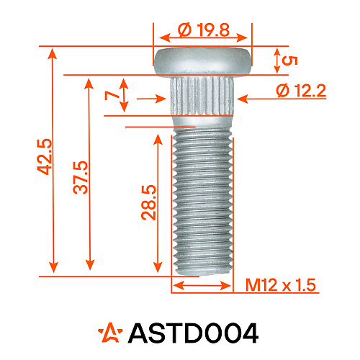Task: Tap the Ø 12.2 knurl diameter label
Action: coord(302,91)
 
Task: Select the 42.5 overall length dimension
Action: coord(44,157)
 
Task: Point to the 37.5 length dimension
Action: coord(80,177)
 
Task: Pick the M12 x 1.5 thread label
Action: coord(282,286)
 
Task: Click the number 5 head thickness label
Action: coord(290,60)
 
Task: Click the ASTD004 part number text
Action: coord(192,333)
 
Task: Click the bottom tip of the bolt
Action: coord(202,271)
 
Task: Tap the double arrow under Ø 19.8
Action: coord(203,41)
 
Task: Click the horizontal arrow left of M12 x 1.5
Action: coord(202,286)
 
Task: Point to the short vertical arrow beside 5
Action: coord(276,60)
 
